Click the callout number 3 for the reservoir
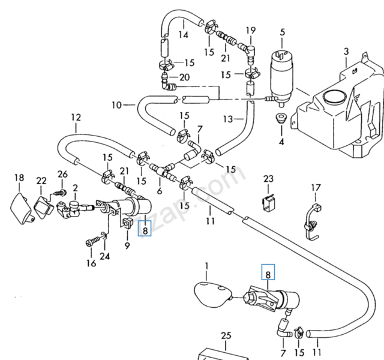pos(346,52)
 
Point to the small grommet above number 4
pos(280,118)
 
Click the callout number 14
pos(184,35)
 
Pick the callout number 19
pos(251,30)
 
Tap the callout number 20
pos(184,77)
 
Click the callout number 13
pos(227,119)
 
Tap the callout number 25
pos(226,335)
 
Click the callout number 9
pos(127,245)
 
